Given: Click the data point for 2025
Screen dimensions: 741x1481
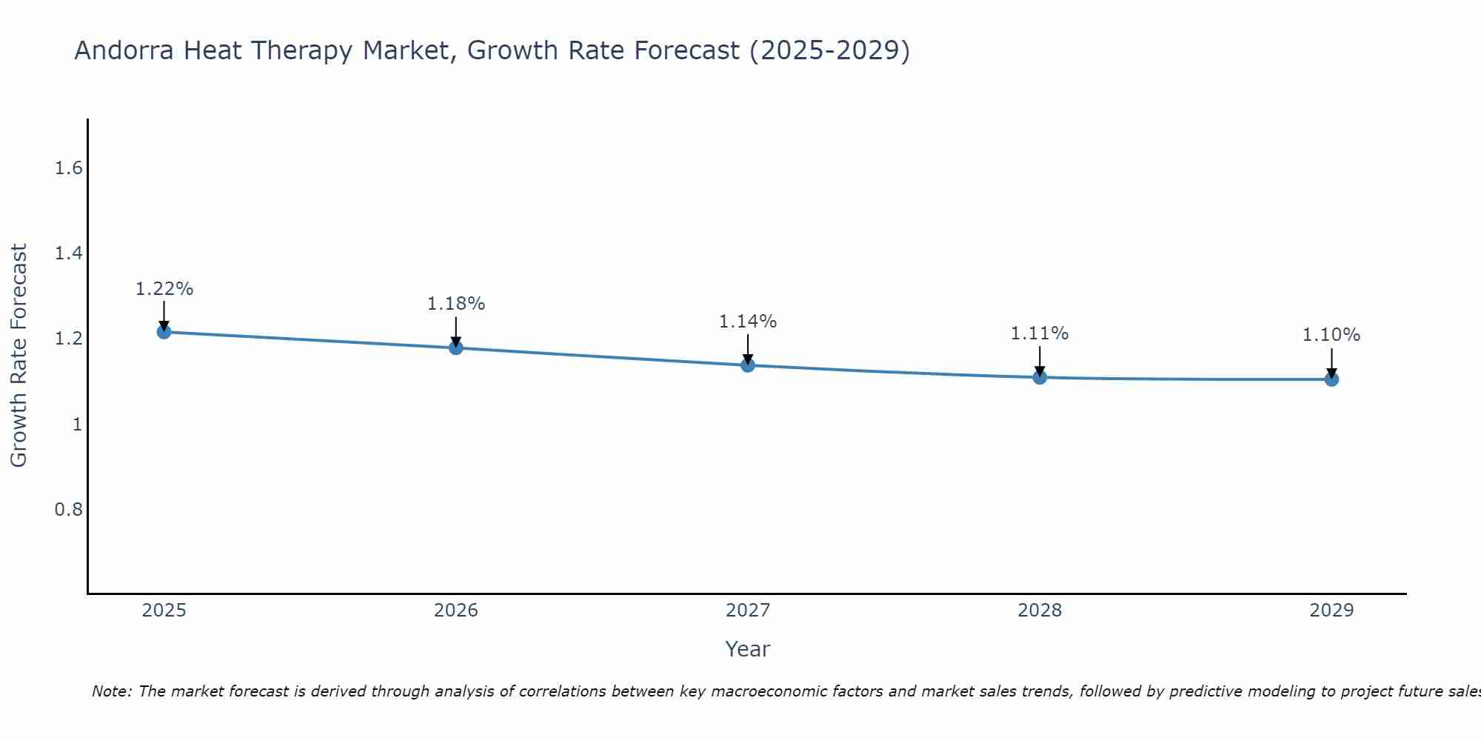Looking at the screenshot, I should click(164, 331).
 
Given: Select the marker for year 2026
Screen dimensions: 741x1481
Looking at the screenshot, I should click(455, 348).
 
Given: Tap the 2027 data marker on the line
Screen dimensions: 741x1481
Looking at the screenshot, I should click(747, 365).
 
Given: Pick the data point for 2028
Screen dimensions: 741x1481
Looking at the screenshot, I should click(1040, 377).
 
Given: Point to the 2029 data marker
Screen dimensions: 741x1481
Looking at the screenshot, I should click(1331, 379).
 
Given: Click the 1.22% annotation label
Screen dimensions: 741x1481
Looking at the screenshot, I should click(164, 289).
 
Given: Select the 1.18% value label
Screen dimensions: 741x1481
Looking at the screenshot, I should click(455, 304).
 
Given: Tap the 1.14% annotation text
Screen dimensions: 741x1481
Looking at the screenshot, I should click(747, 322).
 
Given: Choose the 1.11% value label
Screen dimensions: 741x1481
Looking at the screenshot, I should click(1040, 333).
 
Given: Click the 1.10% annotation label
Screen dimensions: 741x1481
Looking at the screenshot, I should click(1331, 335).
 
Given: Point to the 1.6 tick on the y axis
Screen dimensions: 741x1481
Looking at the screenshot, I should click(68, 168).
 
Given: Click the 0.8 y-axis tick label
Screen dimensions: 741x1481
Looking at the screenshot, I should click(68, 510).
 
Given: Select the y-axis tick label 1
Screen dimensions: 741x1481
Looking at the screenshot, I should click(77, 425).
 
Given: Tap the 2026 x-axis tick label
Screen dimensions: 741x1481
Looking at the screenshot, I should click(455, 611).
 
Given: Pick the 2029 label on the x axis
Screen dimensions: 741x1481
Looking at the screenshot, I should click(1331, 611).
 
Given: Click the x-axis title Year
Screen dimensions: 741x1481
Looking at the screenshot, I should click(747, 649).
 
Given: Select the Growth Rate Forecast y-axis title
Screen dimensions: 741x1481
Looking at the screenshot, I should click(19, 356).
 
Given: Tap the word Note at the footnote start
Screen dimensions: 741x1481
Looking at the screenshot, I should click(110, 691).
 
